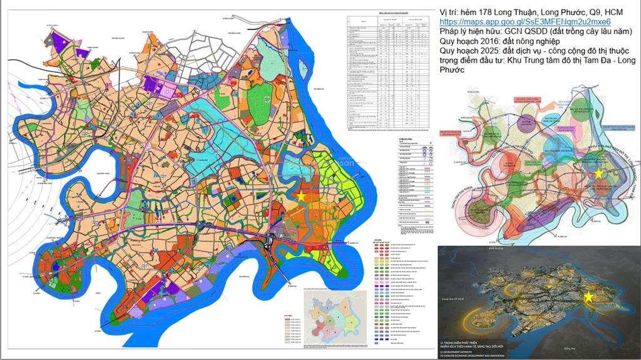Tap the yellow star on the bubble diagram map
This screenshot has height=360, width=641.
(x=598, y=172)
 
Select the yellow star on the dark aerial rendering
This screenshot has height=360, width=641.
(x=588, y=297)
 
